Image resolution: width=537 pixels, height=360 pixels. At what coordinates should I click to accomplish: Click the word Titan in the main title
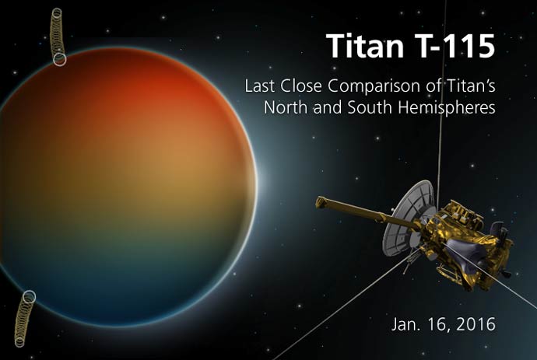click(x=366, y=46)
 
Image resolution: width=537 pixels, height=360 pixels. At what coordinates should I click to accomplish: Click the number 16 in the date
click(x=440, y=324)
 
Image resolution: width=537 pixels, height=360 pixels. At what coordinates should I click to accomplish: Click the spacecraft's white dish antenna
click(x=404, y=219)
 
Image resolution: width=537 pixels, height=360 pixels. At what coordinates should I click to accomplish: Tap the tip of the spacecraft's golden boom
click(x=320, y=201)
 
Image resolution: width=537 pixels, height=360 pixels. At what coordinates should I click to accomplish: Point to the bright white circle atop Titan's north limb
click(x=60, y=59)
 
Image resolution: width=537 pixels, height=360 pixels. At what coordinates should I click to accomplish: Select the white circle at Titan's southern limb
click(x=30, y=297)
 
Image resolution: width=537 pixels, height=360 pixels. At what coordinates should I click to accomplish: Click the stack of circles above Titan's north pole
click(x=57, y=34)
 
